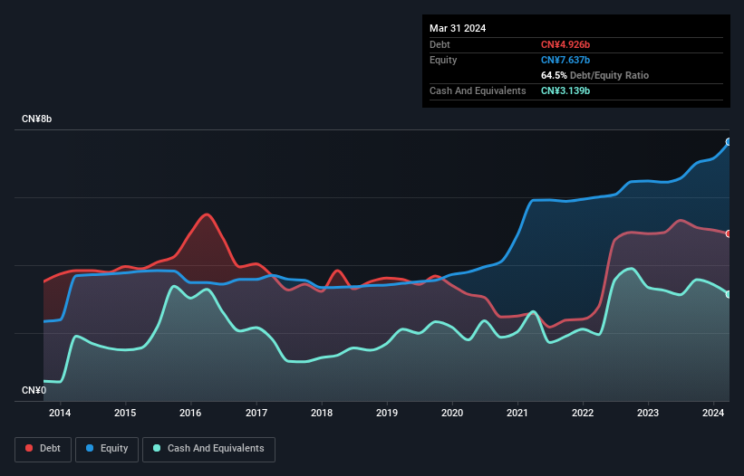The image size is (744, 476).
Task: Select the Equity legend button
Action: coord(107,448)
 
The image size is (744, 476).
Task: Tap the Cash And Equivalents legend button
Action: coord(208,448)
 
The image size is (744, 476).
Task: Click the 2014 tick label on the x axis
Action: coord(60,414)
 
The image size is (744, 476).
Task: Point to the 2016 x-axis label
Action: coord(190,414)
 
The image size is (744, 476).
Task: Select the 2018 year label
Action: coord(322,414)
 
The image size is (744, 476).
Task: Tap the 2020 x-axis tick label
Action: coord(452,414)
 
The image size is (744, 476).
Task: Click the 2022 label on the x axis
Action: coord(583,414)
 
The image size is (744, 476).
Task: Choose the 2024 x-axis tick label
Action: coord(713,414)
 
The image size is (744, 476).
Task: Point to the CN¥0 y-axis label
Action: coord(34,390)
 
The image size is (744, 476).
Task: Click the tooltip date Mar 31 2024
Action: coord(458,28)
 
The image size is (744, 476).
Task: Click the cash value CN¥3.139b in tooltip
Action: coord(565,90)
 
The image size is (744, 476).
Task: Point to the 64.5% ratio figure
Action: coord(556,75)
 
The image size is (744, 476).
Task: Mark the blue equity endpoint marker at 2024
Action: coord(729,142)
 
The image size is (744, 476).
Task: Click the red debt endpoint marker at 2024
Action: coord(729,233)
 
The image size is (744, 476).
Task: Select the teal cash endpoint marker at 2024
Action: coord(729,294)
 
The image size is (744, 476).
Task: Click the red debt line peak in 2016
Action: coord(208,214)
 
